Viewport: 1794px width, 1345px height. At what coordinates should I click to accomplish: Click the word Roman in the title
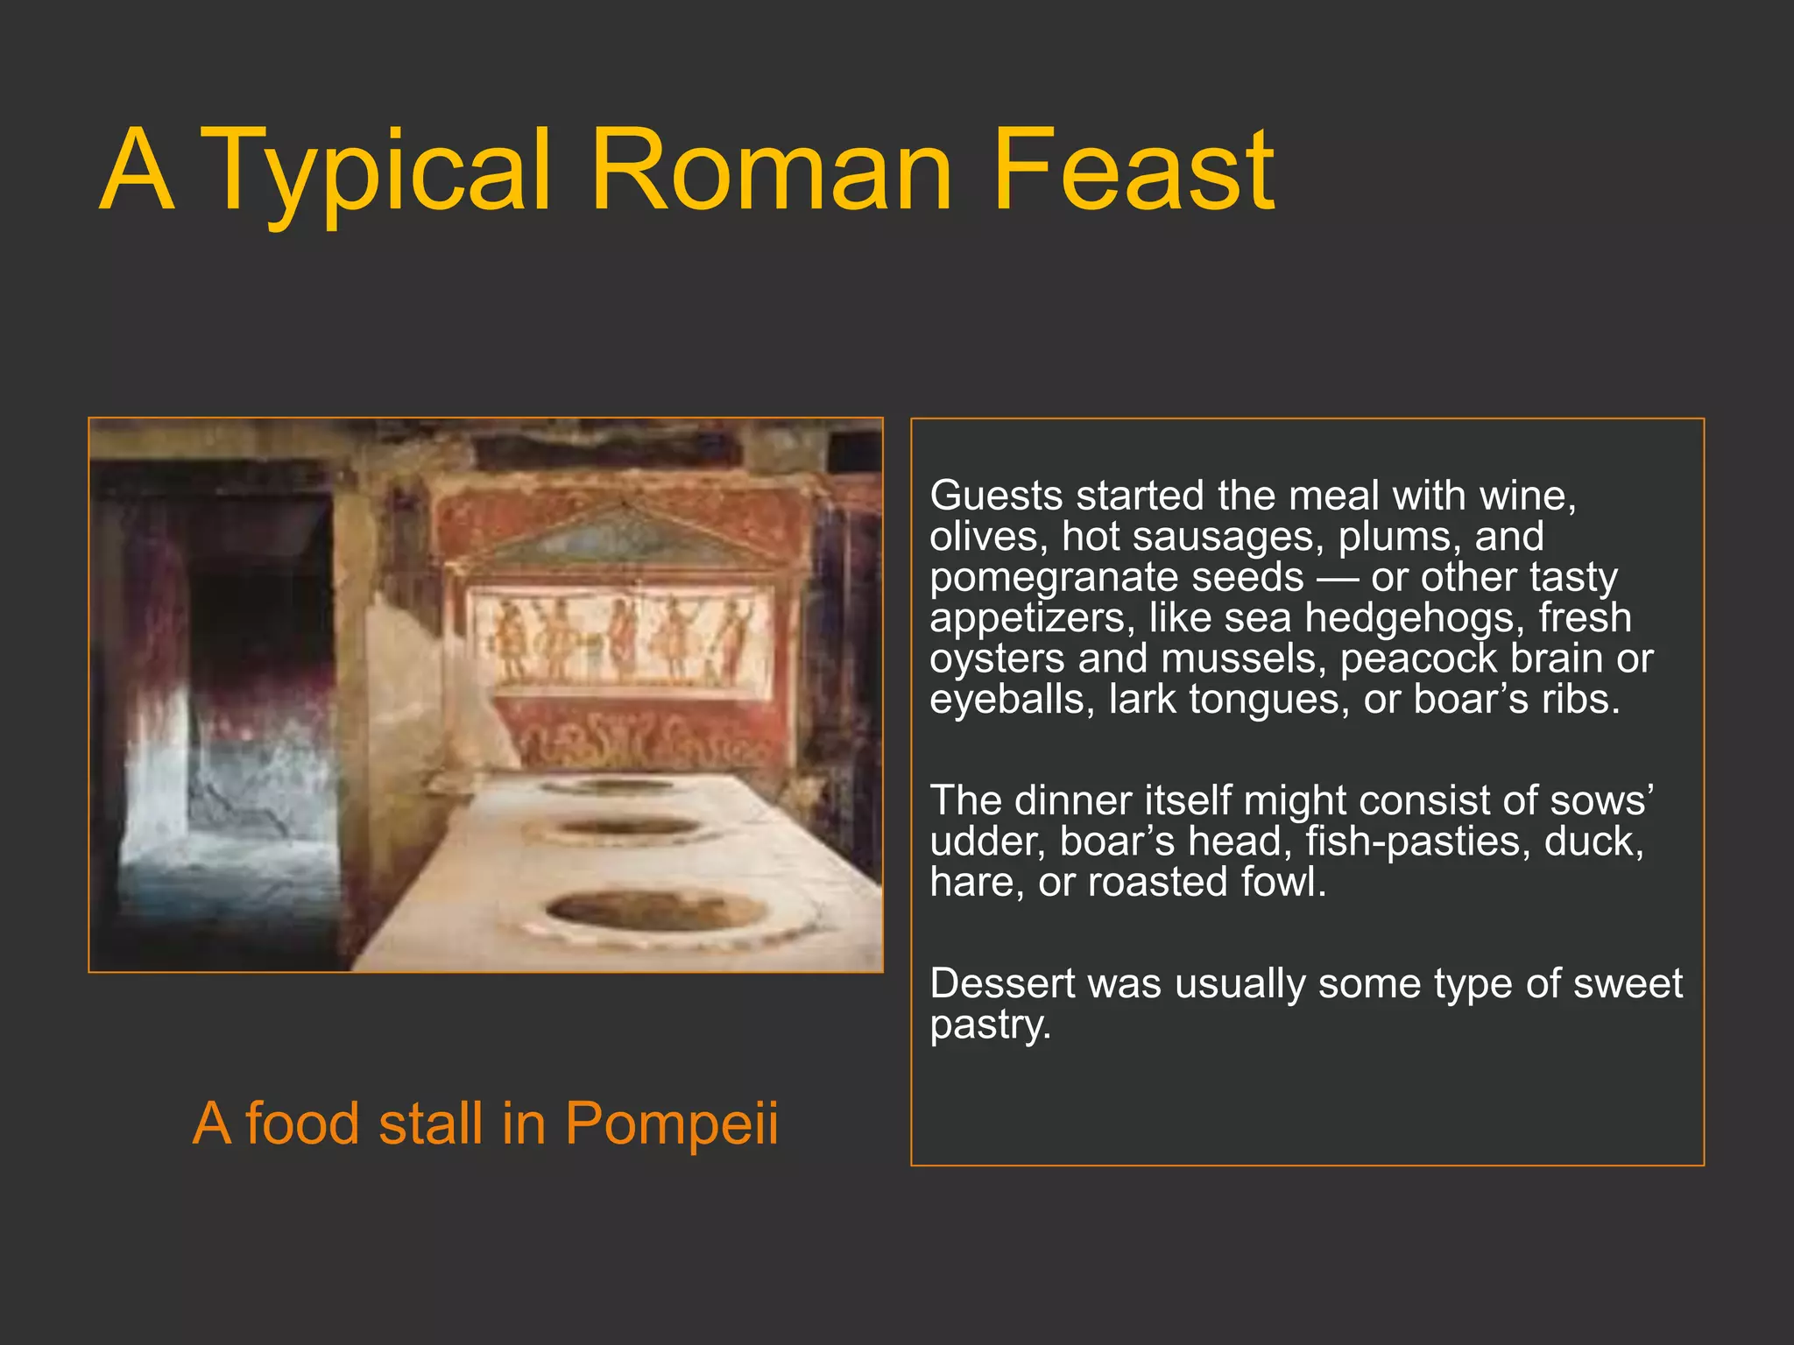click(771, 171)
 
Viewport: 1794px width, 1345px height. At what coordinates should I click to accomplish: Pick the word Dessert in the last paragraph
click(1001, 984)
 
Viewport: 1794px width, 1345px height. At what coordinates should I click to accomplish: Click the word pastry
click(989, 1025)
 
